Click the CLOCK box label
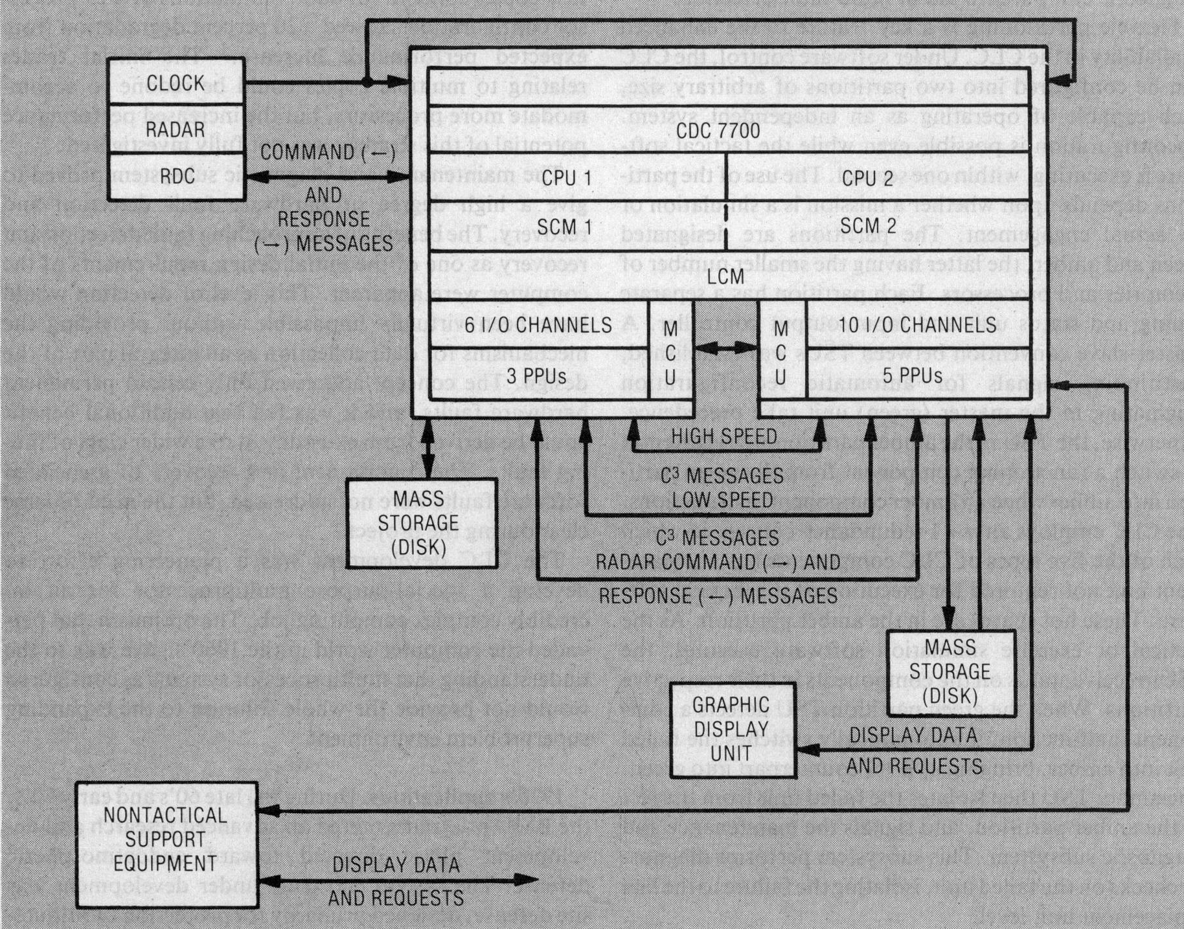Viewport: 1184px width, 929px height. (x=176, y=83)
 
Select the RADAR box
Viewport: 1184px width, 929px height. (x=176, y=129)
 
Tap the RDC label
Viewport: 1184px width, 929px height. (x=176, y=176)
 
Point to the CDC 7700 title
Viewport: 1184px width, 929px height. (x=718, y=130)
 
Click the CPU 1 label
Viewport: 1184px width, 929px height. (x=567, y=178)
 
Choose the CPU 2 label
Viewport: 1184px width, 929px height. (x=867, y=178)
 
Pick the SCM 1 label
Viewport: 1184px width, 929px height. (x=564, y=227)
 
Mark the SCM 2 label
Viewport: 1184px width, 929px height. (x=869, y=225)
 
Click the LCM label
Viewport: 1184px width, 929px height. (x=725, y=276)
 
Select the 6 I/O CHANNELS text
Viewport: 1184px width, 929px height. (x=538, y=324)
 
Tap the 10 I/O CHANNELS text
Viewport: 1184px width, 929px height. (x=917, y=324)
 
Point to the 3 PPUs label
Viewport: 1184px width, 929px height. (x=536, y=375)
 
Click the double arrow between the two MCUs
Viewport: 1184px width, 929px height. (x=725, y=348)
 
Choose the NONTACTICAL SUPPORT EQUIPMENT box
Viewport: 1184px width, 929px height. (x=166, y=839)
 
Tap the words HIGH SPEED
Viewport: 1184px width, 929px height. (x=724, y=436)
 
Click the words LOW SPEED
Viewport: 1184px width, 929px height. (x=722, y=500)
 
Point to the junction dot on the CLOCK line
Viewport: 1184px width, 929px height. (x=367, y=83)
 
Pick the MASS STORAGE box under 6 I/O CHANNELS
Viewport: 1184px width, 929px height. (x=421, y=523)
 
